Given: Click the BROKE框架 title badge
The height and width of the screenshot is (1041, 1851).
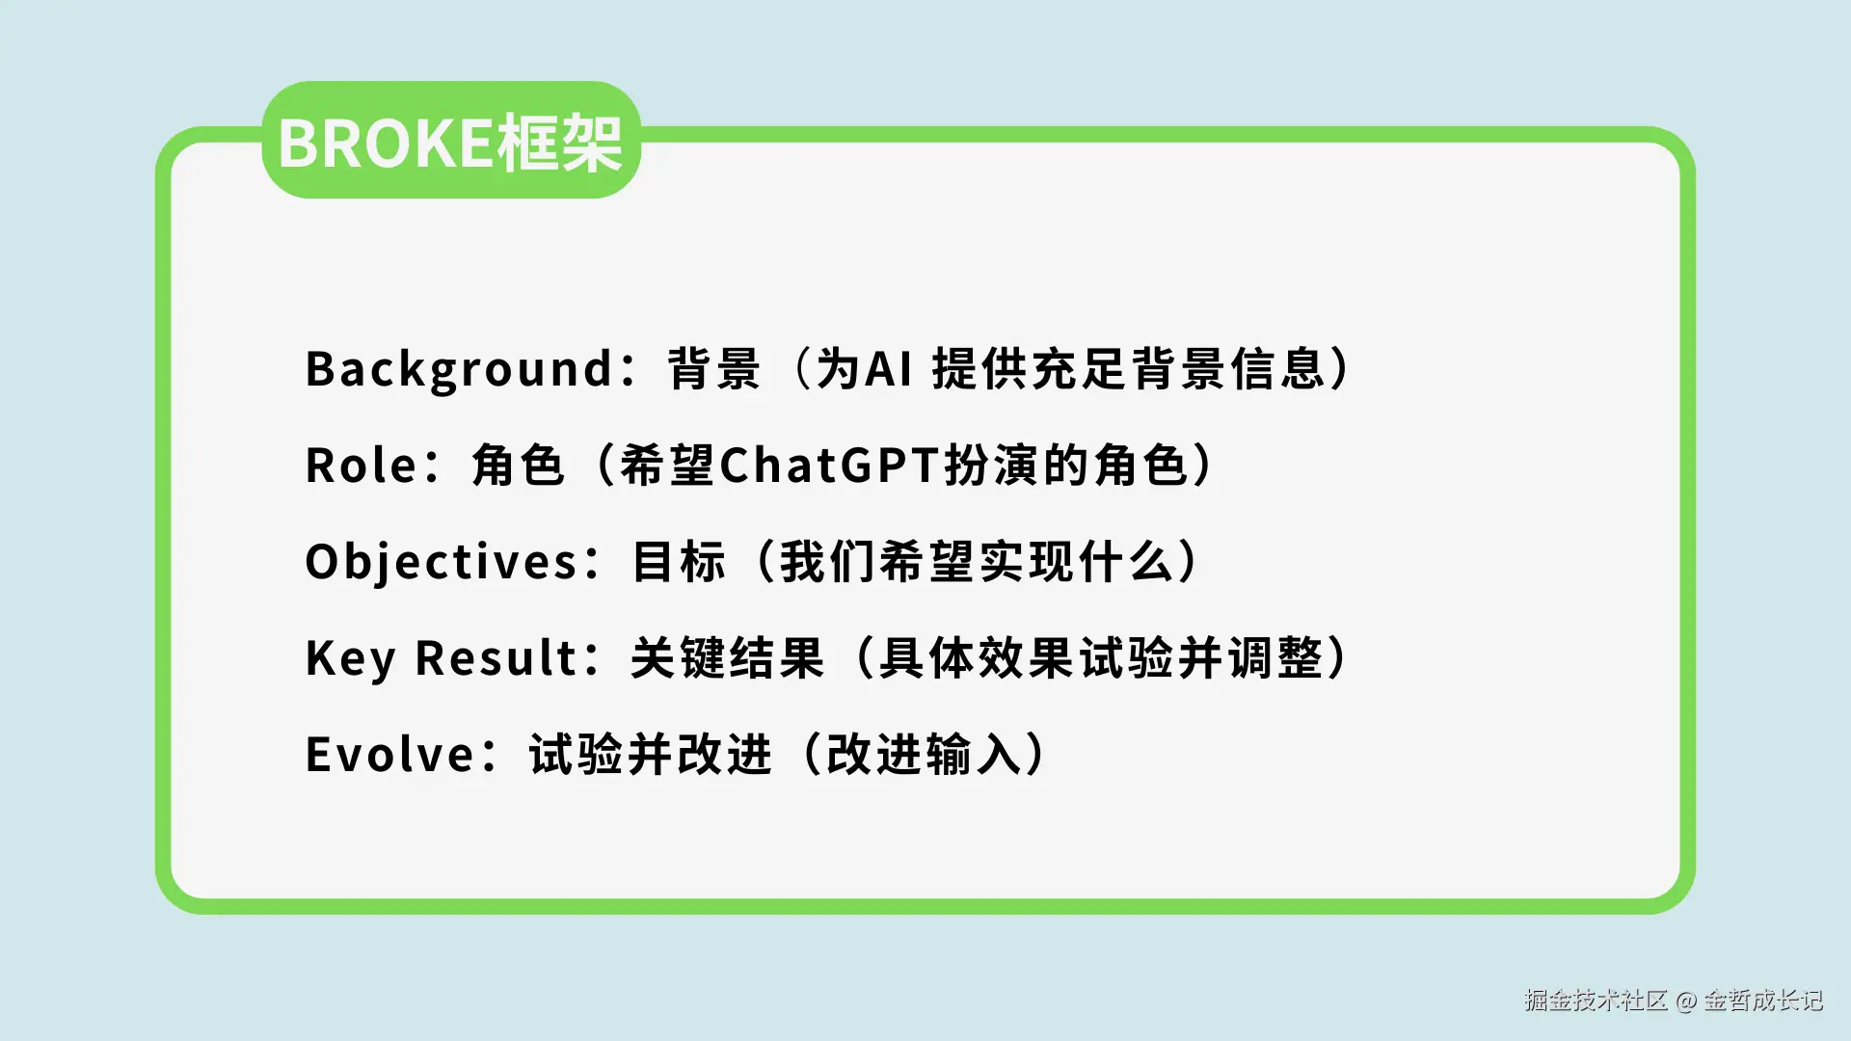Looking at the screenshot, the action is pyautogui.click(x=451, y=141).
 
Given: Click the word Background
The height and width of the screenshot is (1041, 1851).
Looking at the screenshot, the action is pyautogui.click(x=459, y=370).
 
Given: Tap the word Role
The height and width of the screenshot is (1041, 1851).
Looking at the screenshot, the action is pyautogui.click(x=361, y=466).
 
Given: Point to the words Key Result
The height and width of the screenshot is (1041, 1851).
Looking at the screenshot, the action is pyautogui.click(x=441, y=659).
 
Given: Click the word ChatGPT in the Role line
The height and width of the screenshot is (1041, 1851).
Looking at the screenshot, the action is pyautogui.click(x=829, y=466).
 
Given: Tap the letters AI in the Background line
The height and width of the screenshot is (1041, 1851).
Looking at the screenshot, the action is pyautogui.click(x=888, y=369).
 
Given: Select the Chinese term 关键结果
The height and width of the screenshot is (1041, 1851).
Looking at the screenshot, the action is pyautogui.click(x=728, y=658).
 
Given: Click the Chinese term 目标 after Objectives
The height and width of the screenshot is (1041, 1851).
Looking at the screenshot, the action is pyautogui.click(x=679, y=562).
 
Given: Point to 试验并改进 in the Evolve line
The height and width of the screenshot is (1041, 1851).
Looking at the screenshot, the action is pyautogui.click(x=651, y=754).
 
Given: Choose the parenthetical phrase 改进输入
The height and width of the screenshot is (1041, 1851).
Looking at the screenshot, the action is pyautogui.click(x=925, y=754).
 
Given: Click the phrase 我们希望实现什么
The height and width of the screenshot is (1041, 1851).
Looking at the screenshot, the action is pyautogui.click(x=976, y=562).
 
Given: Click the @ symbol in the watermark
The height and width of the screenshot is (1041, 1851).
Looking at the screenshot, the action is pyautogui.click(x=1686, y=1001).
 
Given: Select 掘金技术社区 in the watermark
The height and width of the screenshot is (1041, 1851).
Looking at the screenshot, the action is pyautogui.click(x=1596, y=1001).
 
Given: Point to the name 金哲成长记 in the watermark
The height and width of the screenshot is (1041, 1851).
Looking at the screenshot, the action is pyautogui.click(x=1763, y=1001).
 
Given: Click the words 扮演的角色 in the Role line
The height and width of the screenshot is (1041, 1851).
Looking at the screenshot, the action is pyautogui.click(x=1065, y=466).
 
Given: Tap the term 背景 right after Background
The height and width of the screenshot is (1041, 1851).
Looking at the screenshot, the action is pyautogui.click(x=714, y=369).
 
